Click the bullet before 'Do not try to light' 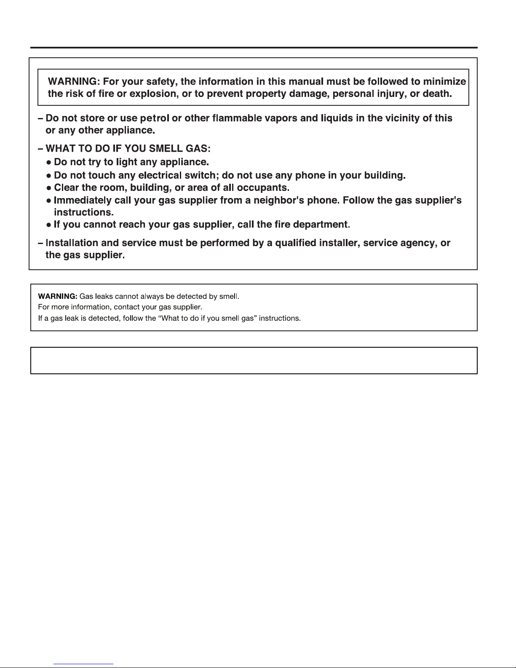click(x=49, y=162)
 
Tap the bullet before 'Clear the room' click(x=49, y=188)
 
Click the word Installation click(x=71, y=243)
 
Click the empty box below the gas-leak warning click(x=254, y=360)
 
